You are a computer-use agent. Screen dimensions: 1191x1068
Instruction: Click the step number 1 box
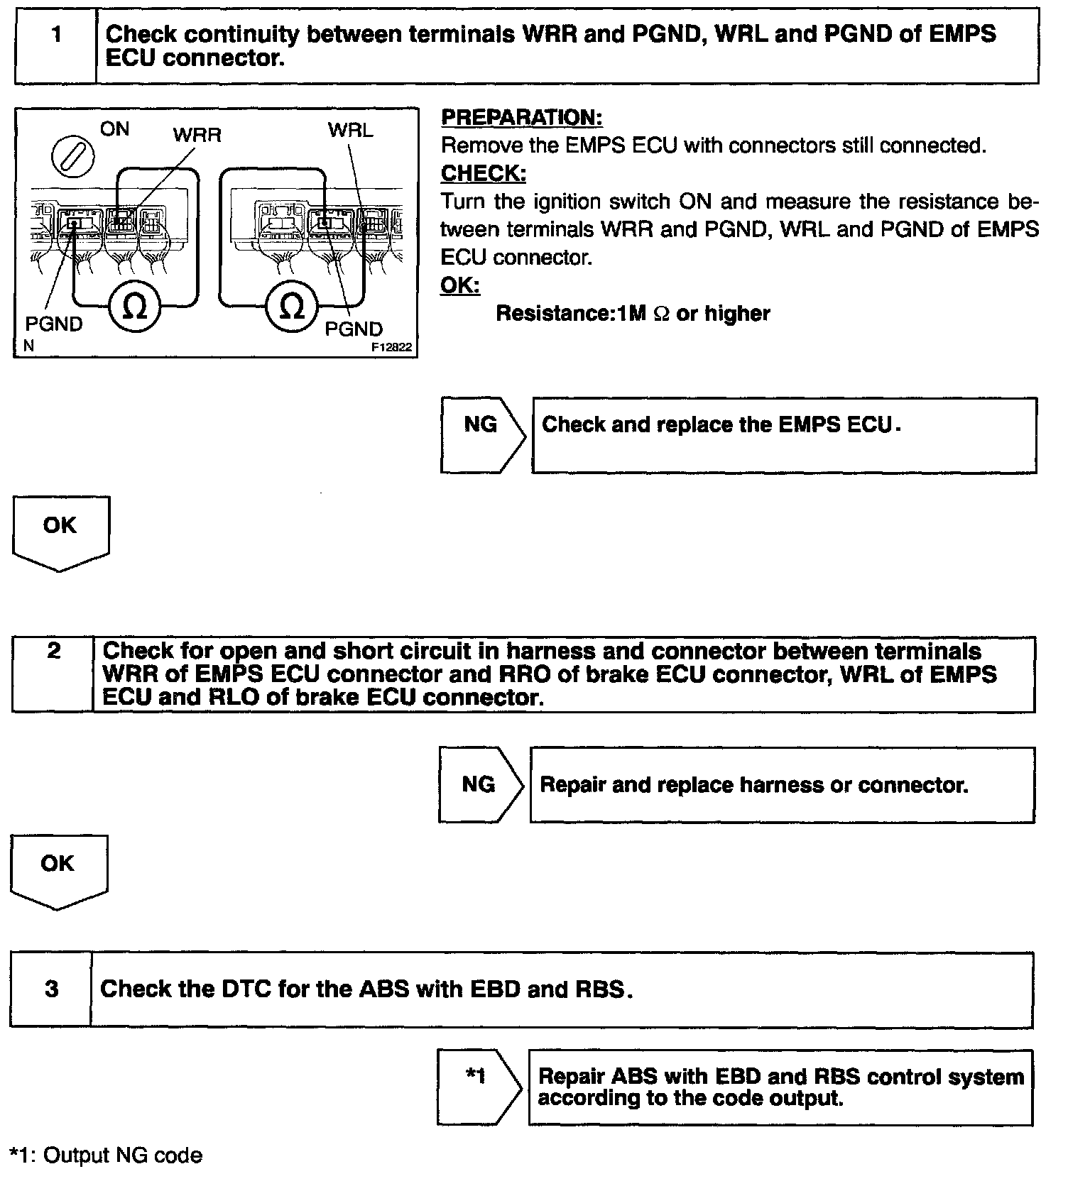55,45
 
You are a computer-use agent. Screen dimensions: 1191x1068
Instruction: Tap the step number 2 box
53,674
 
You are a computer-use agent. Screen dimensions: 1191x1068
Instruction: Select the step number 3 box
51,989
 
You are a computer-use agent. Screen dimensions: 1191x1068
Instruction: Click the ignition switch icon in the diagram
72,154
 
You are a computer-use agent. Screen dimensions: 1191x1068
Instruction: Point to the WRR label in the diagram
197,135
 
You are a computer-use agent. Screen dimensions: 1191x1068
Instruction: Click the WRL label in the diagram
350,131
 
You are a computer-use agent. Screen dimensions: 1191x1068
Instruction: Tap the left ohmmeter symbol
134,307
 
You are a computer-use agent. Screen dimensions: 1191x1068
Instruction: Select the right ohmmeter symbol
292,307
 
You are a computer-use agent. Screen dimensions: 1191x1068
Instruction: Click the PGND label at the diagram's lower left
54,324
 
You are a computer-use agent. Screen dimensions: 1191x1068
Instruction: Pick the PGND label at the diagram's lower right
354,329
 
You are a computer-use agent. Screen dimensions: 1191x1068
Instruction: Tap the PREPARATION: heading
521,118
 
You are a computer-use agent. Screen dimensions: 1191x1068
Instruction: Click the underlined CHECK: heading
483,173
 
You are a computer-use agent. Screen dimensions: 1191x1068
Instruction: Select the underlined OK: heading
460,285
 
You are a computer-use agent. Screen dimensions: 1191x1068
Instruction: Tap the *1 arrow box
477,1087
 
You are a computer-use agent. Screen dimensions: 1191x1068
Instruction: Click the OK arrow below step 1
60,532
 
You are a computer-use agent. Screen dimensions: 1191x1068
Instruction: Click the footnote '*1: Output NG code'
107,1156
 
